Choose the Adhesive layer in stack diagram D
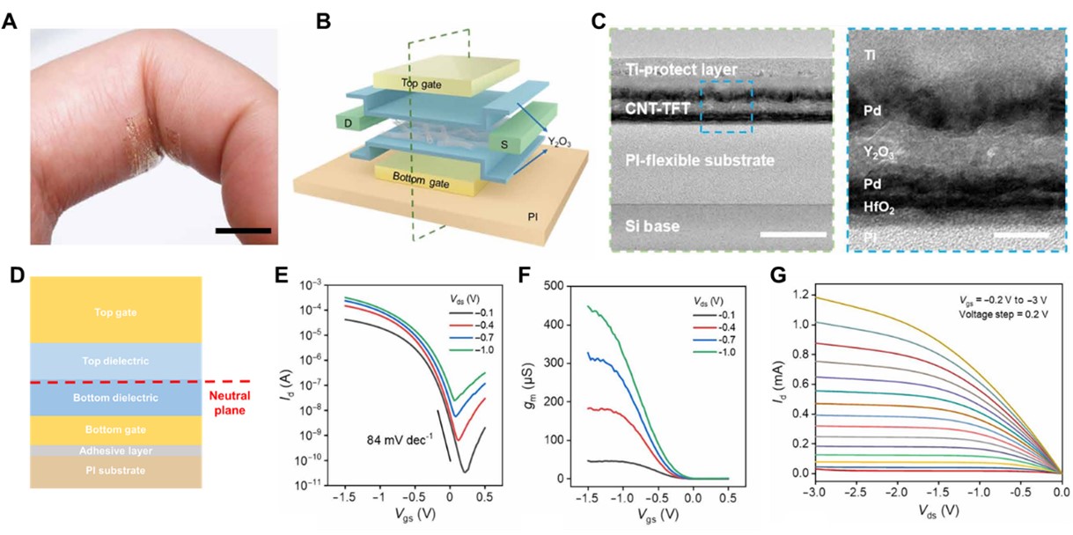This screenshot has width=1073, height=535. point(116,451)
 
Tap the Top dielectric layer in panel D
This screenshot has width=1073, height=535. point(116,362)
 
